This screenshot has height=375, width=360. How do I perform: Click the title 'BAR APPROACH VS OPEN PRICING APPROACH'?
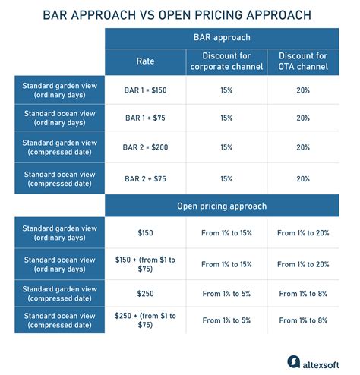pyautogui.click(x=180, y=14)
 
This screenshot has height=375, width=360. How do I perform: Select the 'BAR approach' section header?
pyautogui.click(x=227, y=36)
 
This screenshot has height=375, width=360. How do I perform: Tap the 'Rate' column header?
pyautogui.click(x=145, y=60)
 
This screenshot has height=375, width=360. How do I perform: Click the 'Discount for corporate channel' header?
pyautogui.click(x=227, y=60)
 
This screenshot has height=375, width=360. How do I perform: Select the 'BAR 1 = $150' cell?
pyautogui.click(x=145, y=91)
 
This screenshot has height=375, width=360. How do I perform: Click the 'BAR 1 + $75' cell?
pyautogui.click(x=145, y=118)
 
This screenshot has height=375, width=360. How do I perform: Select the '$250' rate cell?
pyautogui.click(x=145, y=291)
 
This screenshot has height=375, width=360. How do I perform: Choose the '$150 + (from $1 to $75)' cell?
pyautogui.click(x=145, y=264)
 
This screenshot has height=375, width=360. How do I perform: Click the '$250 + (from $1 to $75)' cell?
pyautogui.click(x=145, y=320)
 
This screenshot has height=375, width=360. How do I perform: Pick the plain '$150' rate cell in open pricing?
pyautogui.click(x=145, y=233)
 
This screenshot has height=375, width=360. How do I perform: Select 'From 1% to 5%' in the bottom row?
pyautogui.click(x=227, y=320)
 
